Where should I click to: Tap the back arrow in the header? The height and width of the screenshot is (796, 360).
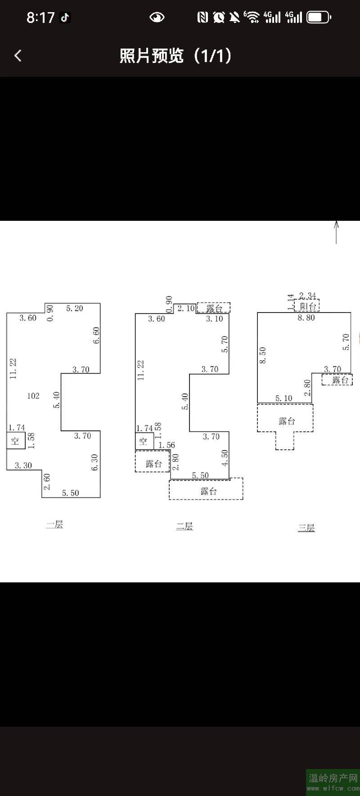(18, 56)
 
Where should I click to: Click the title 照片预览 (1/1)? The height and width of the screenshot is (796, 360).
(175, 56)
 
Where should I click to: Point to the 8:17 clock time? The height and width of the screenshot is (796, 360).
(40, 18)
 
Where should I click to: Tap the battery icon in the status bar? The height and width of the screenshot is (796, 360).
(319, 18)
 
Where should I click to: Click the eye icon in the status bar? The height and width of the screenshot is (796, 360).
(157, 18)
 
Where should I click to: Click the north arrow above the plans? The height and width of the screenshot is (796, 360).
(336, 232)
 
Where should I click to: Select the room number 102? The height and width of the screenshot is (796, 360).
(33, 396)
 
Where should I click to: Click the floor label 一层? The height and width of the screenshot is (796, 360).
(54, 524)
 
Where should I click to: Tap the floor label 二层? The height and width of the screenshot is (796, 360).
(184, 526)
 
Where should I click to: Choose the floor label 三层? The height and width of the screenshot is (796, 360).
(306, 528)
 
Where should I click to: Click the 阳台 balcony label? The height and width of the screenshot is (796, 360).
(308, 306)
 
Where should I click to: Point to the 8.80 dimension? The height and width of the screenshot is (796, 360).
(306, 318)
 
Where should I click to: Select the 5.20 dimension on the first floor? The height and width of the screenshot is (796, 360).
(75, 308)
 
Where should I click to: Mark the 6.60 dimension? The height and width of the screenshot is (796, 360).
(96, 335)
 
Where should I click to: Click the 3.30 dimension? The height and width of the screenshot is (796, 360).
(23, 465)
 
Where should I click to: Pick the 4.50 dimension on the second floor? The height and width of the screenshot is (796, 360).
(225, 458)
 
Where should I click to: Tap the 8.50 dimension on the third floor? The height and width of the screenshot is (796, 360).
(263, 356)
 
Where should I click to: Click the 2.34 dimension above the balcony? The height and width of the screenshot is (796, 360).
(308, 295)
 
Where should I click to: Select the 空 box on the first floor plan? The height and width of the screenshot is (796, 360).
(15, 441)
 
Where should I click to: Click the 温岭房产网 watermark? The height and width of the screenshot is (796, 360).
(333, 778)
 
